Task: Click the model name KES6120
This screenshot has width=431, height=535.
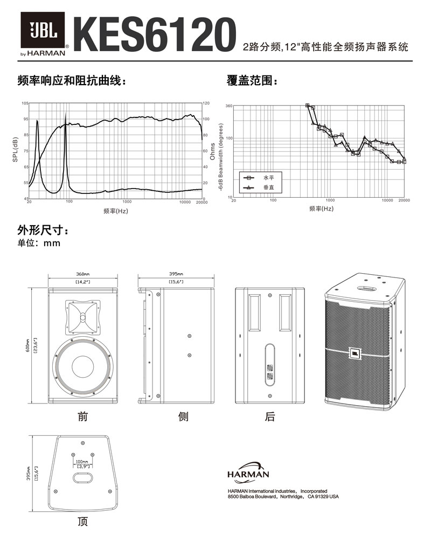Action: [x=156, y=34]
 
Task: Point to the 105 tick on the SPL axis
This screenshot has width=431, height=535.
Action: [x=25, y=103]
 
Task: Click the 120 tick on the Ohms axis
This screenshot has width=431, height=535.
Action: [x=206, y=103]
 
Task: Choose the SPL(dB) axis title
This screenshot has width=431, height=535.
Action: [x=15, y=150]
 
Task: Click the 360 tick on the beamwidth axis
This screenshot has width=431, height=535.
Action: [x=228, y=106]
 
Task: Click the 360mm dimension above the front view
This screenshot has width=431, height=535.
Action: [x=82, y=274]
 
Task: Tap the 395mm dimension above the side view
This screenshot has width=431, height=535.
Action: [x=176, y=274]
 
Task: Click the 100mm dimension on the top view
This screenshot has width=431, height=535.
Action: [x=82, y=462]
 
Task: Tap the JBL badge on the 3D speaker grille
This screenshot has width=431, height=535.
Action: [x=356, y=353]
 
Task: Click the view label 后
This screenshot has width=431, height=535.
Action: [x=270, y=416]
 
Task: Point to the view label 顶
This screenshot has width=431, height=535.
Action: [x=82, y=522]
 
